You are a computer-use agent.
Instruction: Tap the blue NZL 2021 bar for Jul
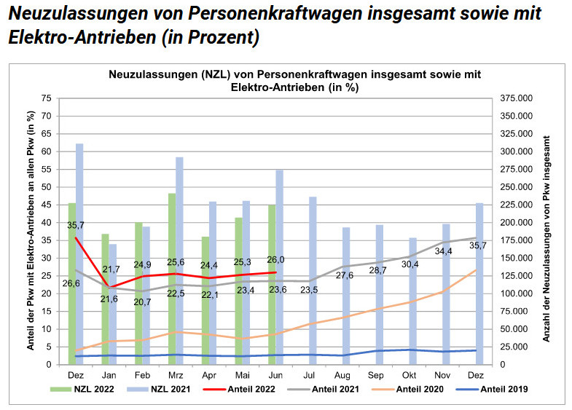[312, 284]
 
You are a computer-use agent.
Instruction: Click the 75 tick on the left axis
[46, 98]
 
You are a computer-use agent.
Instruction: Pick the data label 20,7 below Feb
[143, 301]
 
